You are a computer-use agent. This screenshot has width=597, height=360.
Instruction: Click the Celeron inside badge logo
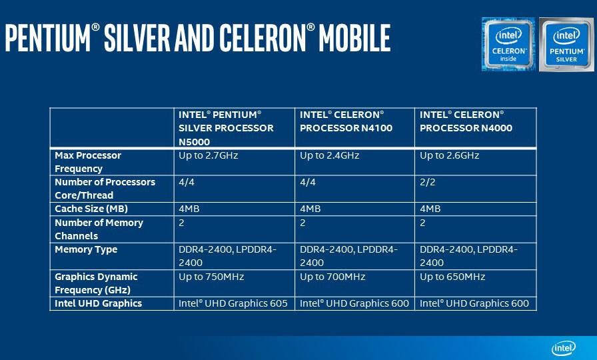(x=508, y=44)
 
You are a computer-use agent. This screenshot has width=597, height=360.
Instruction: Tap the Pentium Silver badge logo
(x=566, y=45)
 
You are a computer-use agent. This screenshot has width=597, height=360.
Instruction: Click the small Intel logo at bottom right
(x=564, y=348)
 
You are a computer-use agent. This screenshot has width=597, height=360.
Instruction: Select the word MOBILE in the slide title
(x=354, y=38)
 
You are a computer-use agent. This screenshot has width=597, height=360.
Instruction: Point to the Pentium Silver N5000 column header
(x=226, y=128)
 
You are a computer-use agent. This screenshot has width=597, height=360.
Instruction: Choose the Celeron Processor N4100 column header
(x=346, y=121)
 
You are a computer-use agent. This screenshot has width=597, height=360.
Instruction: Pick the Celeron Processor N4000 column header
(x=466, y=121)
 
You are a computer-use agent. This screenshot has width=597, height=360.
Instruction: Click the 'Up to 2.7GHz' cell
(x=209, y=155)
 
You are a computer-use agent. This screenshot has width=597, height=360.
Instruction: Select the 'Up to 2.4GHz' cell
(x=329, y=155)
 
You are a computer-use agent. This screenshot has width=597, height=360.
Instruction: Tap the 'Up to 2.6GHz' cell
(x=449, y=155)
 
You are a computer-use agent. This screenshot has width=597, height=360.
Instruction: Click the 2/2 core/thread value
(x=428, y=182)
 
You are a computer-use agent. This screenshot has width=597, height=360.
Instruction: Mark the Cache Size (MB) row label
(x=91, y=209)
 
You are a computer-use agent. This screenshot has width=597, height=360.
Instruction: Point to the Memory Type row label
(x=86, y=249)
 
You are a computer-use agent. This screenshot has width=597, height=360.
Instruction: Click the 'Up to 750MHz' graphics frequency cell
(x=211, y=277)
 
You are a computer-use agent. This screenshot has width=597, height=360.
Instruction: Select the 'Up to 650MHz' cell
(x=452, y=277)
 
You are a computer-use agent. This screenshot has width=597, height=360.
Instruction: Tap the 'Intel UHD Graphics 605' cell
(x=233, y=303)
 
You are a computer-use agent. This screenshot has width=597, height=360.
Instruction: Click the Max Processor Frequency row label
(x=88, y=162)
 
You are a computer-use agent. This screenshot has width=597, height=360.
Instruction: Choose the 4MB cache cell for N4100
(x=310, y=209)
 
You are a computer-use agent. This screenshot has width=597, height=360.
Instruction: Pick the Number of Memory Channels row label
(x=99, y=229)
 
